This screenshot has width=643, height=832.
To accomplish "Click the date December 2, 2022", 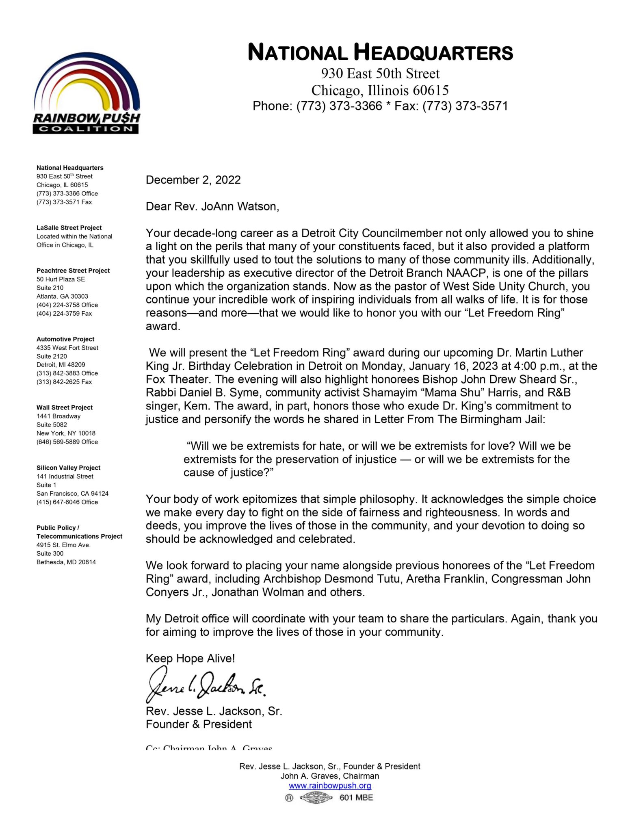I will click(x=193, y=180).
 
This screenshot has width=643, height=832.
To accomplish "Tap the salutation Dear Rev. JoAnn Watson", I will click(x=212, y=207).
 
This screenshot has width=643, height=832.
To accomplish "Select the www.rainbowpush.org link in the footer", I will click(x=330, y=786).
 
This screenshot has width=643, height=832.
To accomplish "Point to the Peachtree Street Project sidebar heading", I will click(x=73, y=271).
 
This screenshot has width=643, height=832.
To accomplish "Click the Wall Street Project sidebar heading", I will click(x=65, y=407).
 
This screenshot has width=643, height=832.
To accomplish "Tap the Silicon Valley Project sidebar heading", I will click(x=68, y=468).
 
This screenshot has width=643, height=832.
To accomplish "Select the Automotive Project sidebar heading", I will click(x=65, y=339).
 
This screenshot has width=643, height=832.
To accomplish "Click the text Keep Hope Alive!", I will click(x=190, y=659).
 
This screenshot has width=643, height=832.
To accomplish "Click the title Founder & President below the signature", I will click(x=199, y=724).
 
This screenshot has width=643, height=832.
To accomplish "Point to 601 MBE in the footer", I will click(x=356, y=797).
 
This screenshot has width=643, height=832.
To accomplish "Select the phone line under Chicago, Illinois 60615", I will click(x=380, y=106).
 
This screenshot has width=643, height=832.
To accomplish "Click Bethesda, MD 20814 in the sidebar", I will click(x=66, y=562).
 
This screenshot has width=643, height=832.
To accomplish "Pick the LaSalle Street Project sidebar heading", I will click(x=69, y=228).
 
